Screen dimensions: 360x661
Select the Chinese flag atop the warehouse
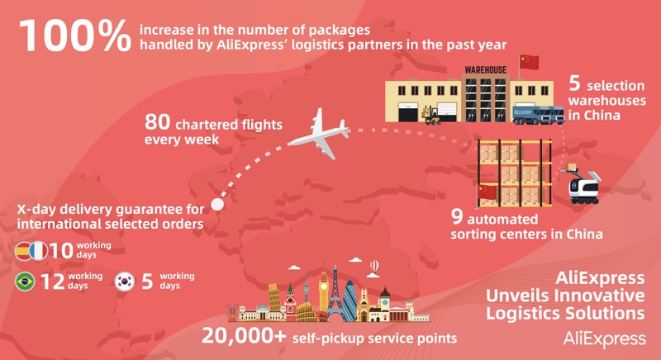pyautogui.click(x=529, y=62)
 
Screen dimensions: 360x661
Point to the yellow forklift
pyautogui.click(x=434, y=116)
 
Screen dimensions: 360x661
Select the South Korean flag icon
pyautogui.click(x=126, y=282)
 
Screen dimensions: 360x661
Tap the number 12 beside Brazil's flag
pyautogui.click(x=52, y=282)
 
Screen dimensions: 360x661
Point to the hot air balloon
pyautogui.click(x=374, y=266)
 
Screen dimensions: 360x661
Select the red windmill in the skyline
pyautogui.click(x=232, y=312)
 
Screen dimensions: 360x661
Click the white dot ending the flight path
pyautogui.click(x=216, y=203)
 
